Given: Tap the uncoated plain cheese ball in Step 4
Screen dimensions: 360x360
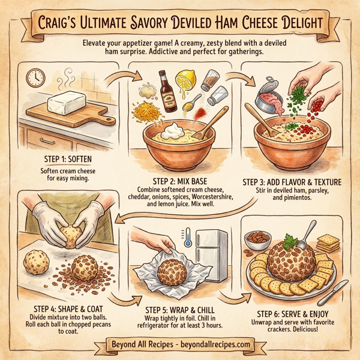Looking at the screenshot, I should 34,264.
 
